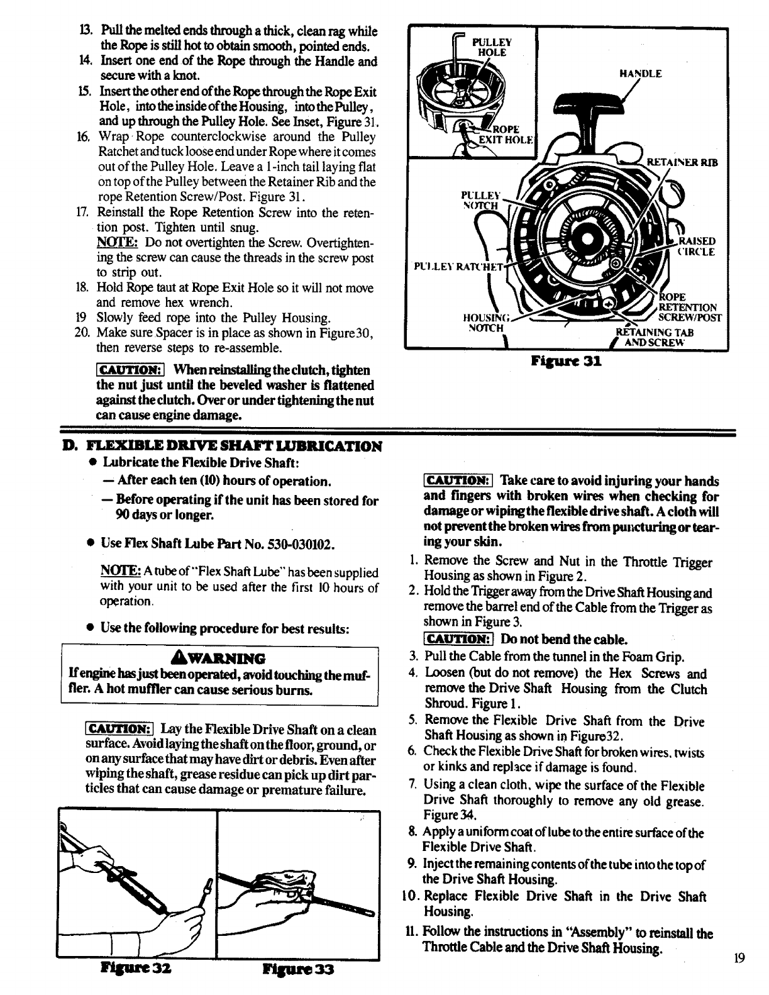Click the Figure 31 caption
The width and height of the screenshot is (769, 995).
coord(567,362)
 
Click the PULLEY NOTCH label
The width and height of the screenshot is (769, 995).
coord(480,200)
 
